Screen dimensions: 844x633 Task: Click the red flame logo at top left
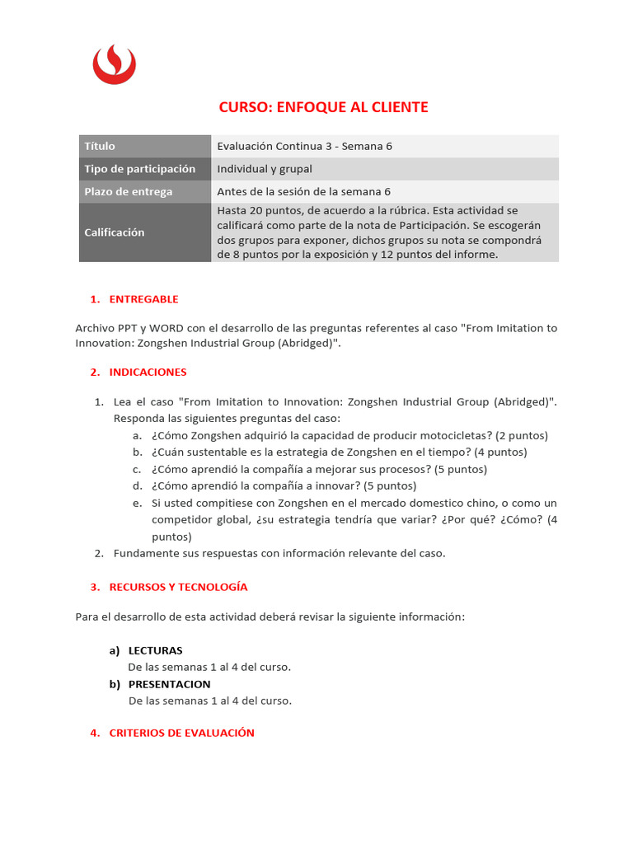pyautogui.click(x=114, y=64)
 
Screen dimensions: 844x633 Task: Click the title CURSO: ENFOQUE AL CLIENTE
pyautogui.click(x=323, y=107)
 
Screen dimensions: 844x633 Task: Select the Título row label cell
pyautogui.click(x=145, y=146)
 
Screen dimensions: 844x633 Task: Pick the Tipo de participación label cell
pyautogui.click(x=145, y=169)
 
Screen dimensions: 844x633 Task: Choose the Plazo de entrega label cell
pyautogui.click(x=145, y=192)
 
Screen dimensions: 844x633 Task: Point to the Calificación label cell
pyautogui.click(x=145, y=232)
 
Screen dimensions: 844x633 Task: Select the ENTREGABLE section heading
pyautogui.click(x=143, y=299)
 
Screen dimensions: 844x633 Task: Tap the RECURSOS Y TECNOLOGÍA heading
pyautogui.click(x=178, y=587)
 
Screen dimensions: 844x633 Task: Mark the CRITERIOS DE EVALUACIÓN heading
pyautogui.click(x=181, y=733)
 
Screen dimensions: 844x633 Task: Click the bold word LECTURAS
pyautogui.click(x=156, y=650)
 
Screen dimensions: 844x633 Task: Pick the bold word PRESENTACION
pyautogui.click(x=169, y=684)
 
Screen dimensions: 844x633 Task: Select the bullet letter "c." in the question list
pyautogui.click(x=137, y=469)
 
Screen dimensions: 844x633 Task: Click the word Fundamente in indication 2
pyautogui.click(x=144, y=553)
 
